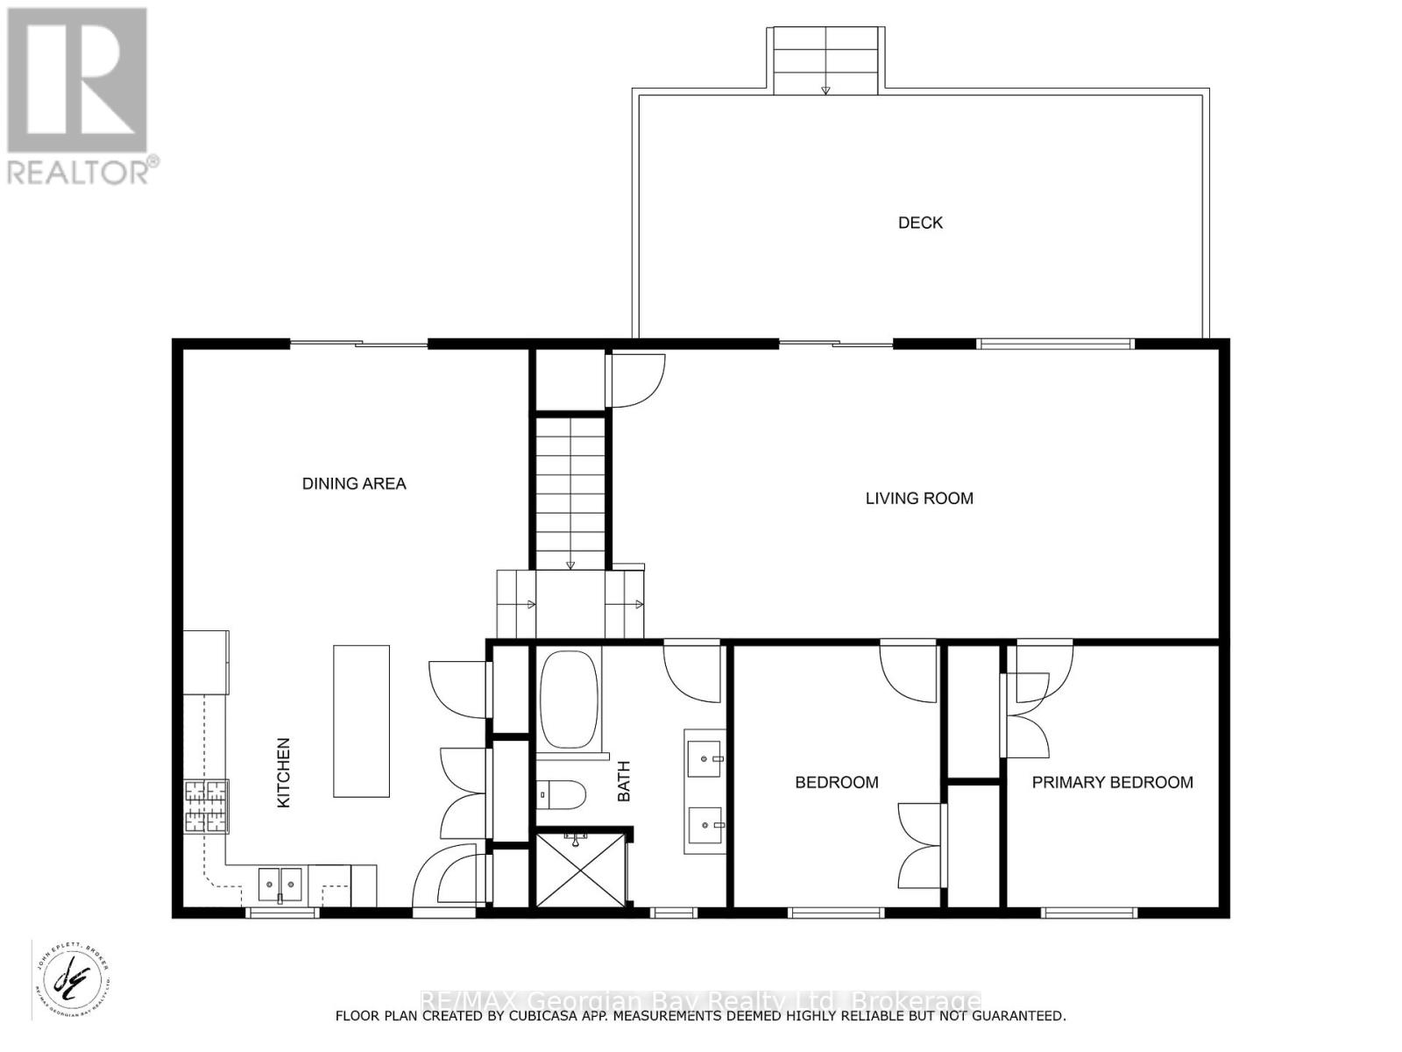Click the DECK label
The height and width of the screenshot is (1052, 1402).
920,223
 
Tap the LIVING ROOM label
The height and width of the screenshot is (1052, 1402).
919,498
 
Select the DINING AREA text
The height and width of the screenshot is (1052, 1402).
354,483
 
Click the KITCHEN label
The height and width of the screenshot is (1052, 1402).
283,772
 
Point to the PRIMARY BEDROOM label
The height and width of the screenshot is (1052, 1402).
1112,782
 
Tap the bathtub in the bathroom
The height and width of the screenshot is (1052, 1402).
569,700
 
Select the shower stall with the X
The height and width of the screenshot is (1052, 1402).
580,870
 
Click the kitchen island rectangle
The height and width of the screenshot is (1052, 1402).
361,721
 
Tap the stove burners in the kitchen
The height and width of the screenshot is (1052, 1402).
206,806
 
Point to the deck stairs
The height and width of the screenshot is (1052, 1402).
825,60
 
